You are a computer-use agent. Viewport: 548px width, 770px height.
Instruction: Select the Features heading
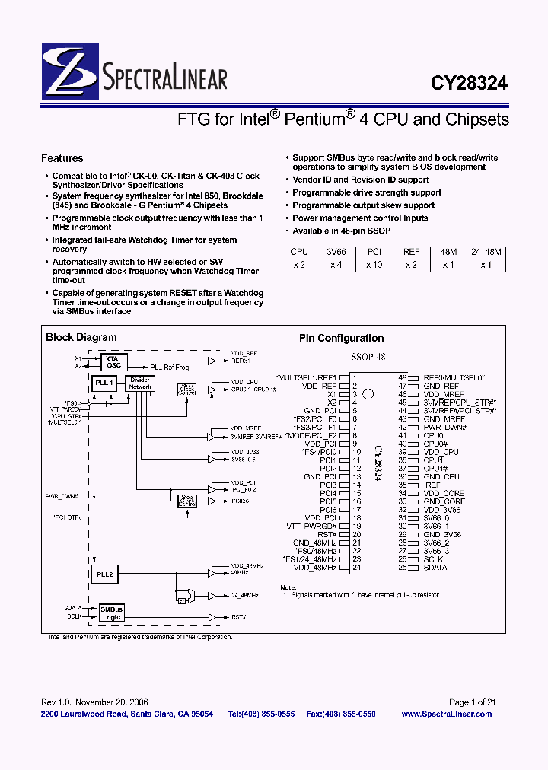[62, 158]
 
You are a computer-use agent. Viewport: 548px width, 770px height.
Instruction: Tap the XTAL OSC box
[113, 361]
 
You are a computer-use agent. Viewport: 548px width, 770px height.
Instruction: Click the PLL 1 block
[104, 383]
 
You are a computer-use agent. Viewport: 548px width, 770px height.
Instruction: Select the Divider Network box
[140, 383]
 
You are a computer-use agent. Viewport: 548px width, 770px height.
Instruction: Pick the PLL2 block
[105, 575]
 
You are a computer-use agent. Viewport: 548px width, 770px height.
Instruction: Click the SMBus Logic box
[111, 613]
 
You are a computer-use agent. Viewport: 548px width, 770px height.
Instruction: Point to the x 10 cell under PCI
[374, 265]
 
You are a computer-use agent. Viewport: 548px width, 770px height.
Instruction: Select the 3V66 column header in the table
[336, 251]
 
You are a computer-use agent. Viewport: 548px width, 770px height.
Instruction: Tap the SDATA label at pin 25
[436, 568]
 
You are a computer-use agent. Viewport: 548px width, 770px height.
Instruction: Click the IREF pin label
[432, 485]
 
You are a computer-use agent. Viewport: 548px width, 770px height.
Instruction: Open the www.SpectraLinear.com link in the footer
[446, 714]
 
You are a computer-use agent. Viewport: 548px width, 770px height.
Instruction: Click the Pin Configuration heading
[341, 339]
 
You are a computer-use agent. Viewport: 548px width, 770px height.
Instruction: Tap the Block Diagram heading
[81, 337]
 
